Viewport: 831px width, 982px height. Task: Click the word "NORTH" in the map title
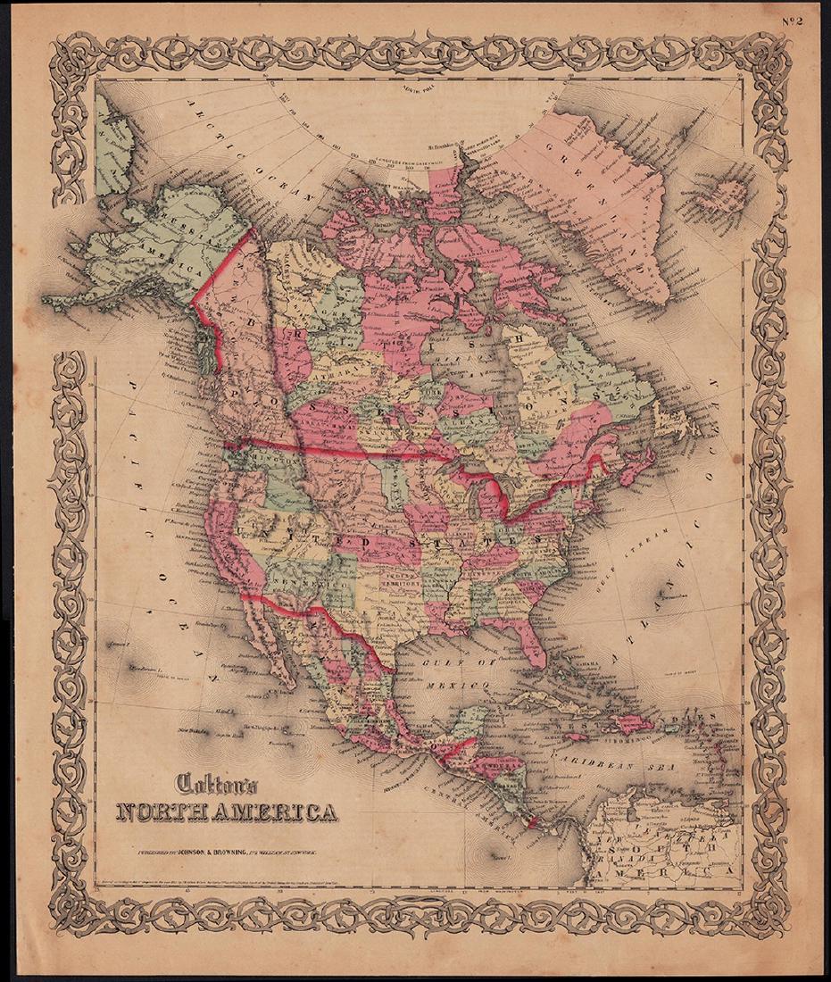click(170, 812)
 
